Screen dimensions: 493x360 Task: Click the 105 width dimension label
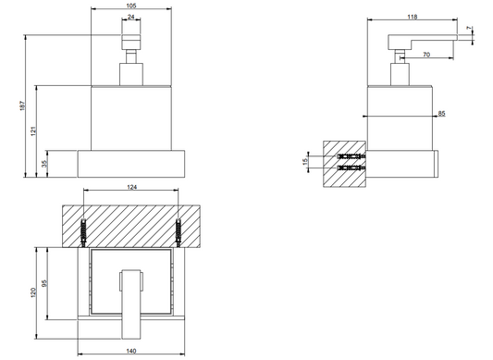point(131,6)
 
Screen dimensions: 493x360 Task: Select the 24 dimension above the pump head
point(131,17)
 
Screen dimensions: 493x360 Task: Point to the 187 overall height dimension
point(22,106)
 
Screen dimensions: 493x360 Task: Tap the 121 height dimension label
point(33,130)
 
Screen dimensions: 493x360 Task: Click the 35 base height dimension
point(44,164)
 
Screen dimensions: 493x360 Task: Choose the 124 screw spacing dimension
point(131,187)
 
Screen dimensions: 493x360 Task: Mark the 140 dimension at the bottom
point(131,351)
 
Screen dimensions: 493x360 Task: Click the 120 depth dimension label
point(33,292)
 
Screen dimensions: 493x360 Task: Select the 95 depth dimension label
point(44,283)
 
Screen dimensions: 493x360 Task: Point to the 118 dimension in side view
point(413,17)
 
